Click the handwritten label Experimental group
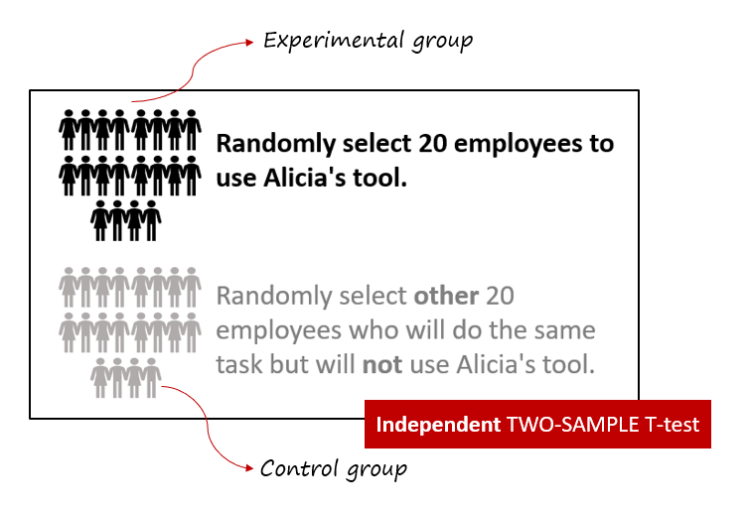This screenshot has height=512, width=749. point(368,41)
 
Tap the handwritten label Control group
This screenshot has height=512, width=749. point(334,468)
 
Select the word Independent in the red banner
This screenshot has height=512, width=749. point(438,425)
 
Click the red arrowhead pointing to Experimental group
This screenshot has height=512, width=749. point(249,43)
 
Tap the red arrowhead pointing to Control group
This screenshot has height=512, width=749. point(249,468)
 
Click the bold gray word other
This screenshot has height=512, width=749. point(446,296)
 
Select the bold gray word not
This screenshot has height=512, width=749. point(382,365)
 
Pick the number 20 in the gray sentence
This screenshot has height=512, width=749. point(500,296)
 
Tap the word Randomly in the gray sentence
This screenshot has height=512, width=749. point(274,297)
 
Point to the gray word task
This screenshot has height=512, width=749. point(238,365)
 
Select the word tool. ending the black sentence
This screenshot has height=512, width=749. point(379,178)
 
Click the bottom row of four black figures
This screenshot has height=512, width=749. point(126,220)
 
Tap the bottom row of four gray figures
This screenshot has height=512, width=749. point(126,378)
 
